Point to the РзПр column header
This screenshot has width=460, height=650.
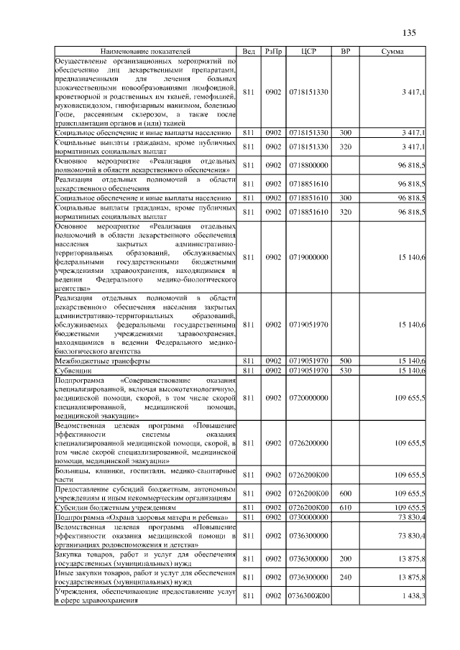tap(274, 52)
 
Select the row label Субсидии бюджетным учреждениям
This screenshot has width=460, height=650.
tap(114, 507)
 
